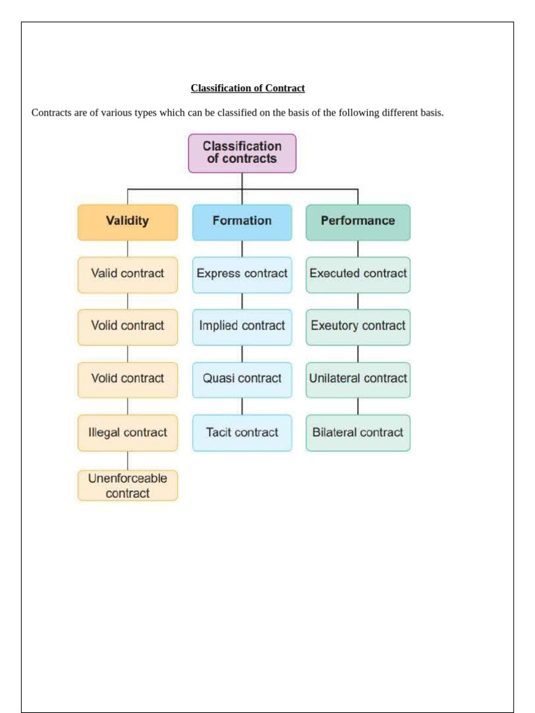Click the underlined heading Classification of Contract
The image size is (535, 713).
point(247,88)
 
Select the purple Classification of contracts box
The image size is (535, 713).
point(242,152)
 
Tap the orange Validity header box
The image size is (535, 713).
point(127,221)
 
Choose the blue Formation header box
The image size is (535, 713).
point(242,221)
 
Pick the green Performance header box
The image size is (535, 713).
point(358,221)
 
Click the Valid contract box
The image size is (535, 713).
point(127,274)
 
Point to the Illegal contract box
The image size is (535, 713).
point(127,432)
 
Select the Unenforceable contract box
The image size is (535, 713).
point(127,486)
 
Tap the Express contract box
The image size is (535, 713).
point(242,274)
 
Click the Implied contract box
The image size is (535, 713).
point(242,326)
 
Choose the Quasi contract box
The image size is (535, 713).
point(242,379)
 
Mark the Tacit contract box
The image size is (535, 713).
point(242,432)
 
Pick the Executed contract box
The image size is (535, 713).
point(358,274)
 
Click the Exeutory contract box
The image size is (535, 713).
point(358,326)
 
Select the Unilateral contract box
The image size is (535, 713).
point(358,379)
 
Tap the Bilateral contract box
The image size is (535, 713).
point(358,432)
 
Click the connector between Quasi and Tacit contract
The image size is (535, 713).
point(242,406)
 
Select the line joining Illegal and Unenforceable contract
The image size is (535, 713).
point(127,460)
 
